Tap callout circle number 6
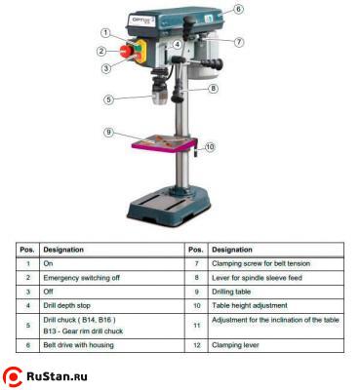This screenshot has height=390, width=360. click(238, 10)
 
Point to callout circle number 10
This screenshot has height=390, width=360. click(210, 146)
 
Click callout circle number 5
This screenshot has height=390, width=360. click(109, 98)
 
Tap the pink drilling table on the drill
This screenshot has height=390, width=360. click(161, 140)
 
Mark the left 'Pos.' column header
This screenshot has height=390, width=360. click(27, 249)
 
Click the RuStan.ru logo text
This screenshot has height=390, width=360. click(64, 375)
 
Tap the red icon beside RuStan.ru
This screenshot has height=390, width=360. click(16, 374)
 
